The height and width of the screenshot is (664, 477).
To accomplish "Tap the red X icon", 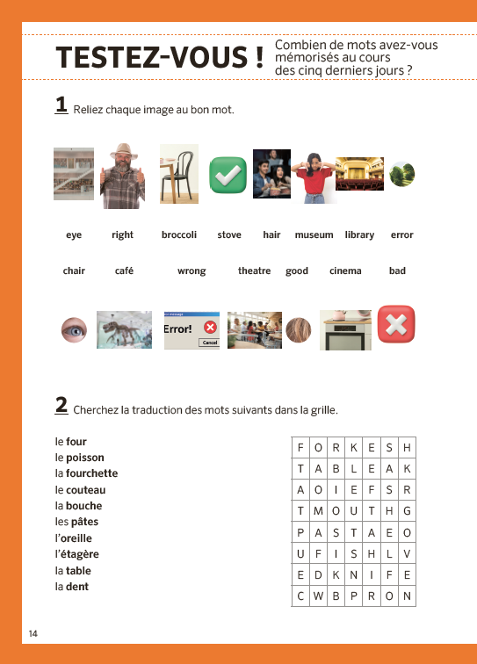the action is [x=395, y=325].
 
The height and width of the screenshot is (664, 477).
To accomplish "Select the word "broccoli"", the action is [x=179, y=235].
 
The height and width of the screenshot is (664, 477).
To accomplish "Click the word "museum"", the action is [x=314, y=235].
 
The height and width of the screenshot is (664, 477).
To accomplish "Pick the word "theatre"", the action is [x=254, y=271].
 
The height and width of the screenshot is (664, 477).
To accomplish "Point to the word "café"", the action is [x=124, y=271].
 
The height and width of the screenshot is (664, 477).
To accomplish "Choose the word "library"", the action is [x=359, y=235].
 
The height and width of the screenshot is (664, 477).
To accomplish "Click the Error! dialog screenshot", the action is [x=192, y=330].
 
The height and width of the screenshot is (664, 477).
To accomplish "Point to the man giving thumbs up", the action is [x=123, y=176].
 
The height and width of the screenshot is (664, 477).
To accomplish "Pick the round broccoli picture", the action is [x=402, y=174].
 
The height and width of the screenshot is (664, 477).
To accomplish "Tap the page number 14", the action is [x=33, y=633].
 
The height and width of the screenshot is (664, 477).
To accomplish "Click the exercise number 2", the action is [x=61, y=405].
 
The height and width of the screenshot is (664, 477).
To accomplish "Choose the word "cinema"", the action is [x=345, y=271].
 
